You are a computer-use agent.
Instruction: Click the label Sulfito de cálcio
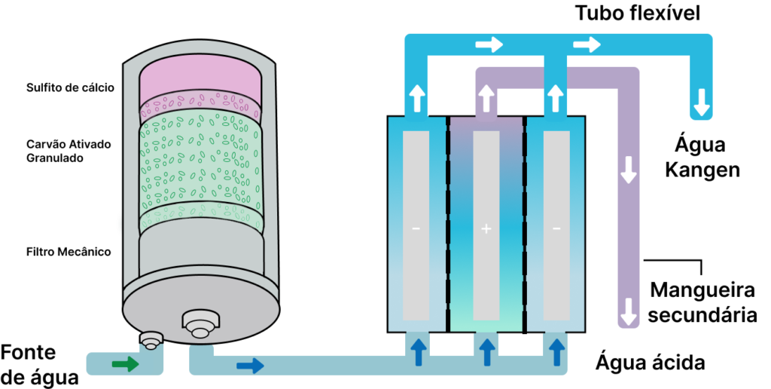click(69, 87)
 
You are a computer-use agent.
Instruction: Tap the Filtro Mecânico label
click(69, 252)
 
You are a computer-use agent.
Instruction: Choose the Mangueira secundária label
click(702, 302)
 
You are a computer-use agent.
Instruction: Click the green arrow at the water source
click(125, 365)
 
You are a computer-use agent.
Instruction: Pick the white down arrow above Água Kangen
click(702, 102)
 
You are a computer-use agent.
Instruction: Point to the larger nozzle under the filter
click(200, 325)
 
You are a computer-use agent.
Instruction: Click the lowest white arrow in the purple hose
click(628, 310)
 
